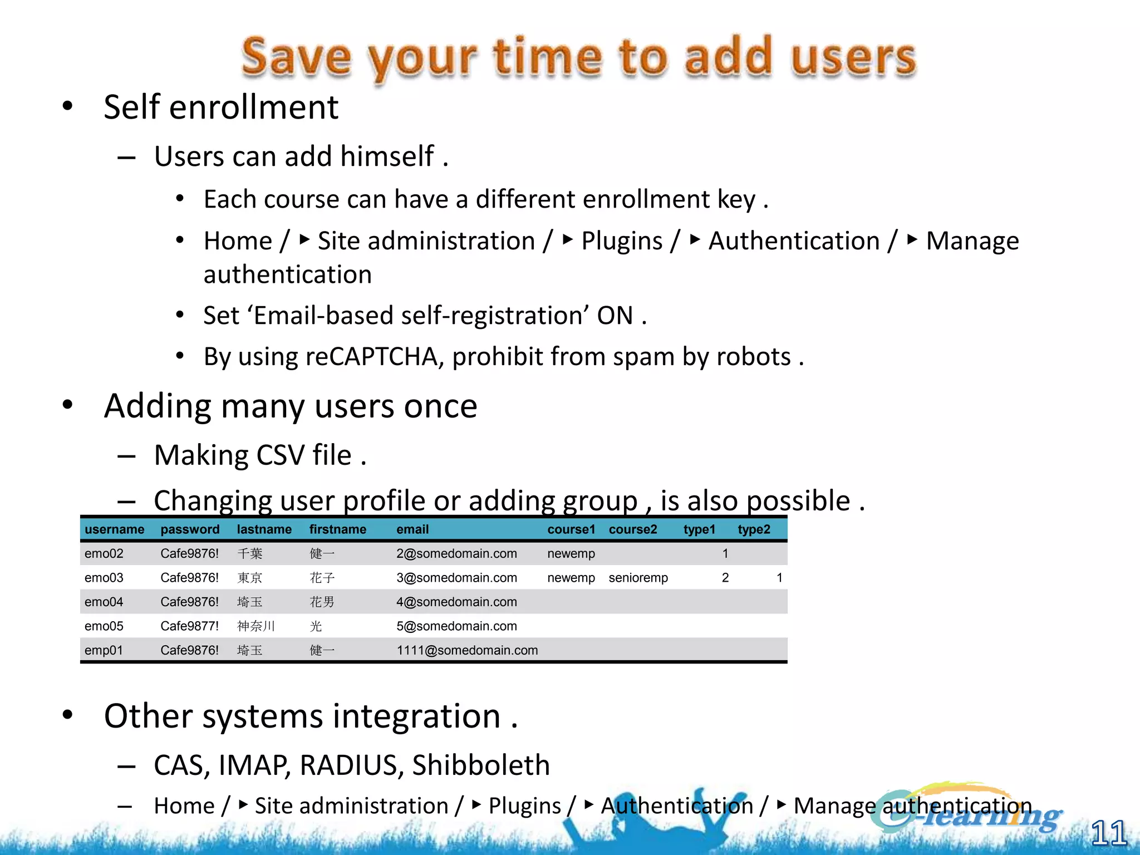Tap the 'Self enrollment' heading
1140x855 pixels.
click(x=221, y=107)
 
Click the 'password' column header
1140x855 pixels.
click(x=190, y=529)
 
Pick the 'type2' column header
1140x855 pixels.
click(x=754, y=529)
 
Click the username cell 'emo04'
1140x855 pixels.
click(x=104, y=602)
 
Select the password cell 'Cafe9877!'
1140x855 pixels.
click(x=189, y=626)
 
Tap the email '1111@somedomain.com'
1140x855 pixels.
click(x=467, y=650)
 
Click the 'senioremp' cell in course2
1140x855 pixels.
click(x=638, y=578)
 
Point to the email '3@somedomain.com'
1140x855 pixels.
click(x=456, y=578)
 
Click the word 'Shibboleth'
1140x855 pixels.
click(x=480, y=765)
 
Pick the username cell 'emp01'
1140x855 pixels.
click(x=104, y=650)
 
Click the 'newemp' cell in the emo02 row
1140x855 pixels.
click(x=571, y=554)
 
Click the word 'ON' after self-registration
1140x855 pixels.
click(x=615, y=316)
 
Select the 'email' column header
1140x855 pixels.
click(x=412, y=529)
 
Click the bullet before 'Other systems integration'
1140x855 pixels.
click(x=68, y=715)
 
